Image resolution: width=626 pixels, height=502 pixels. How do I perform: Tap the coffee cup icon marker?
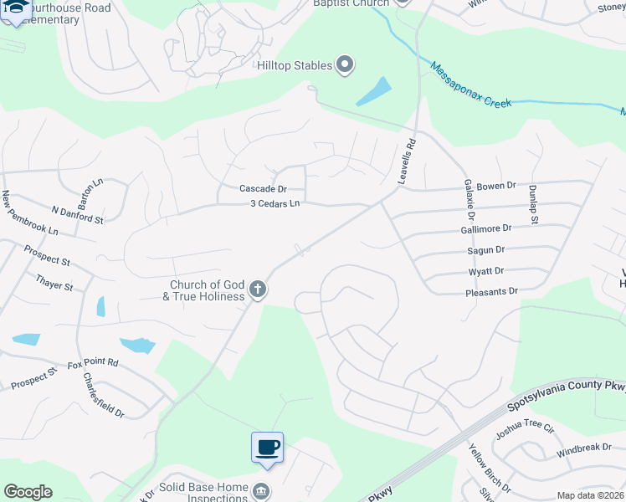267,447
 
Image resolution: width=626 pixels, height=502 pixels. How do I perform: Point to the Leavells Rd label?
407,161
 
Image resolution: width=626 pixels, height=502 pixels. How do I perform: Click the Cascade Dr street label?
263,189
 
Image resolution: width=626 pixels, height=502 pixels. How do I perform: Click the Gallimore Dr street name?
485,228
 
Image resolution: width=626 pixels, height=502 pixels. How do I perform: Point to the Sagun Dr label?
485,249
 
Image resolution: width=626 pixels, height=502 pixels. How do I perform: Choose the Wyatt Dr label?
485,271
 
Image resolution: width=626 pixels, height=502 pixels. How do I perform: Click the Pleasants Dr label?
491,292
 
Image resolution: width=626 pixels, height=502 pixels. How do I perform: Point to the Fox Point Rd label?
93,364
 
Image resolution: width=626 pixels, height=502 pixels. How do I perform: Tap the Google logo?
28,492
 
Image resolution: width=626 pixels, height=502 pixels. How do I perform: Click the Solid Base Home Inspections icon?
261,489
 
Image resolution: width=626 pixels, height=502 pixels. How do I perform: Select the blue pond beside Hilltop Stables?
374,91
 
